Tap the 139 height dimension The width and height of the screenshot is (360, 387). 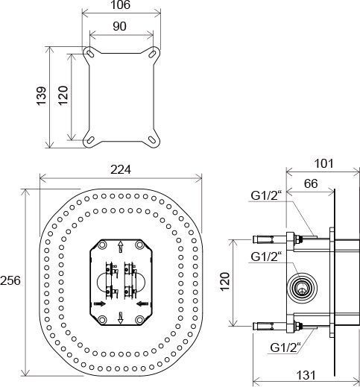click(42, 95)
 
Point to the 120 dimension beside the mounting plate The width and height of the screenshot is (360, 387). click(63, 95)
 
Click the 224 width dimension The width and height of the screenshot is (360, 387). click(121, 170)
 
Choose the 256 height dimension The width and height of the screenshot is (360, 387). click(13, 281)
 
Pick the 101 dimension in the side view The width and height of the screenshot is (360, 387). click(323, 164)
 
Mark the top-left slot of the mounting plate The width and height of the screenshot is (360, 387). click(89, 52)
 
